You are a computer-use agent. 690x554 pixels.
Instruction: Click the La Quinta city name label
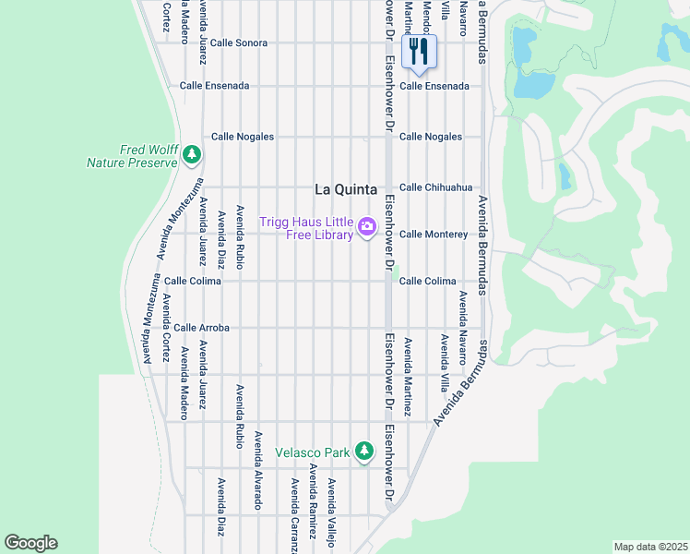(346, 189)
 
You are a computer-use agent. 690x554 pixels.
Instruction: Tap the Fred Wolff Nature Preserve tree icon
(192, 154)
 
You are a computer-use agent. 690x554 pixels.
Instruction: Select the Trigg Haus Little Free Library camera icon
(367, 226)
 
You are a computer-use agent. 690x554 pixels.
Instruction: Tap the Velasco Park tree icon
(364, 451)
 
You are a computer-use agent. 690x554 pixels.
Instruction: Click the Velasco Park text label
(313, 452)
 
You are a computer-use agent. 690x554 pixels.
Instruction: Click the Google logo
(31, 543)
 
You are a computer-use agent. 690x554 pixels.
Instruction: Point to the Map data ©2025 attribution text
(650, 547)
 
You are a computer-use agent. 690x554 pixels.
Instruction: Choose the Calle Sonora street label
(238, 43)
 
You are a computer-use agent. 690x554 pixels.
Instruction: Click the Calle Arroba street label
(201, 328)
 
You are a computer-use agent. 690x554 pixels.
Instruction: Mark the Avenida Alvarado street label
(259, 470)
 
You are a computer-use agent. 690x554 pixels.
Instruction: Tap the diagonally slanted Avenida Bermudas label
(458, 383)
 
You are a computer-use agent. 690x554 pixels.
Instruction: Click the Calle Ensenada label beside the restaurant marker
(440, 86)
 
